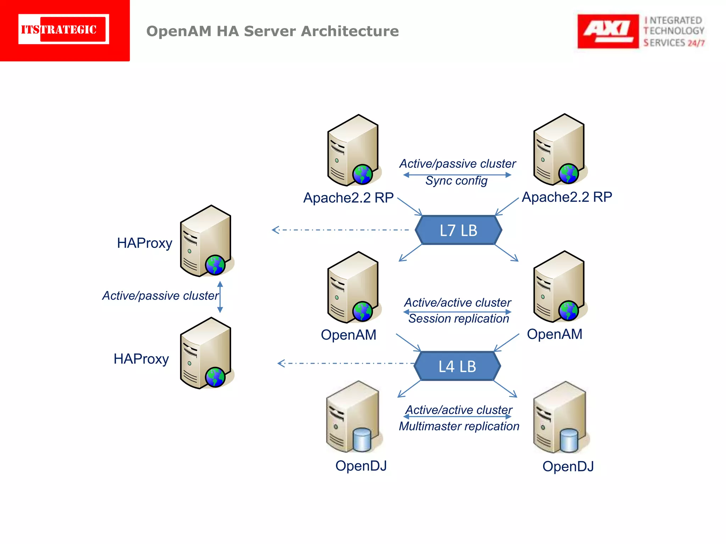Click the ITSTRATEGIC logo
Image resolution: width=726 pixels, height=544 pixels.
(x=64, y=29)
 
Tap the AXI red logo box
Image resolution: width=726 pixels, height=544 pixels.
(x=608, y=31)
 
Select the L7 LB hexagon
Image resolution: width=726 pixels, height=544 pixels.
(x=458, y=230)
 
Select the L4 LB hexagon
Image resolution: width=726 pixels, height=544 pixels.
(x=457, y=366)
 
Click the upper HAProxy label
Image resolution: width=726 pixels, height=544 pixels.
(x=145, y=243)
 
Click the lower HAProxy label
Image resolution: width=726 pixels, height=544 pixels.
(x=141, y=359)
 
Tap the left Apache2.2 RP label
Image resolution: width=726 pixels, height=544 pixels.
(x=348, y=198)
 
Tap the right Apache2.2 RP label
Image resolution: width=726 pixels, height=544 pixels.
(x=566, y=197)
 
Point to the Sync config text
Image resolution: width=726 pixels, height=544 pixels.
(x=456, y=181)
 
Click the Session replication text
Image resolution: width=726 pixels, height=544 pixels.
(x=459, y=319)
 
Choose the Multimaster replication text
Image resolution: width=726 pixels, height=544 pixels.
(x=459, y=426)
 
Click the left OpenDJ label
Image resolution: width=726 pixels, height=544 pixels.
(x=361, y=466)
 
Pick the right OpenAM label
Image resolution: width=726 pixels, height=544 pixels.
(x=554, y=334)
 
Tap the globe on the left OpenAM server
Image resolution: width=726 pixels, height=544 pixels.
(x=362, y=312)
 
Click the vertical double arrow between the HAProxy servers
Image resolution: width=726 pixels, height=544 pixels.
(x=220, y=297)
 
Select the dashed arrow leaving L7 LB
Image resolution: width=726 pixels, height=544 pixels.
(x=340, y=230)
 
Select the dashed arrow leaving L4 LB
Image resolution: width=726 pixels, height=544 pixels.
(x=346, y=363)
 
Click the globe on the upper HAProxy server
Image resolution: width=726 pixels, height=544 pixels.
(x=215, y=265)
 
